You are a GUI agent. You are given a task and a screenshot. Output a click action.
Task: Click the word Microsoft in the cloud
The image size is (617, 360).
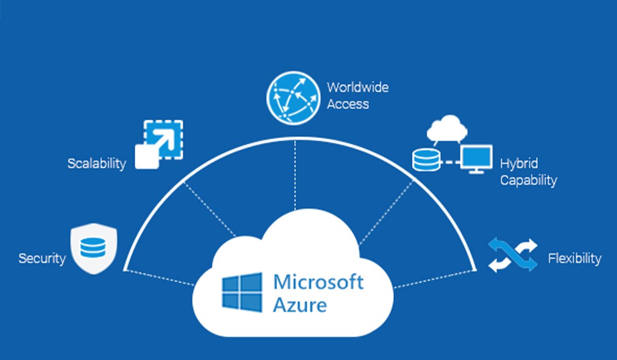point(318,282)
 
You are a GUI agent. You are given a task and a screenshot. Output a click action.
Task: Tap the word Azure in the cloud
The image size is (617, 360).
point(299,305)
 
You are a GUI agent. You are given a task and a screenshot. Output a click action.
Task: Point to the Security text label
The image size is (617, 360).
point(42,258)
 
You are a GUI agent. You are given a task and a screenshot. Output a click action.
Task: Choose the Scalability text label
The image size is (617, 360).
point(97,164)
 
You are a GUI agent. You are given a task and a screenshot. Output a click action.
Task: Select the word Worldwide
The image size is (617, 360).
point(357,87)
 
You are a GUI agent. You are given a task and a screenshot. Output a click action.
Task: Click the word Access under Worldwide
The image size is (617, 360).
point(348,104)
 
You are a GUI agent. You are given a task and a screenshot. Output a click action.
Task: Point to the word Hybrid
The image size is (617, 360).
point(519,164)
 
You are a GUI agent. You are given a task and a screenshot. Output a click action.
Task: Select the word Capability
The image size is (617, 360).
point(529,181)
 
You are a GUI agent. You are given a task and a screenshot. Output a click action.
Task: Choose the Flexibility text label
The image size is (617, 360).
point(574,258)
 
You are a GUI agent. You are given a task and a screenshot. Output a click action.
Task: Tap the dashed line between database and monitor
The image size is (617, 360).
point(451,162)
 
